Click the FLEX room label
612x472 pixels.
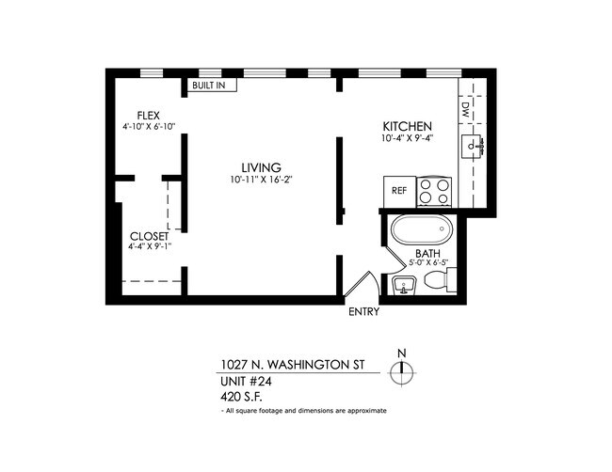(x=149, y=115)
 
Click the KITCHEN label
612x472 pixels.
(x=407, y=127)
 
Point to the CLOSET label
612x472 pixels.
(x=149, y=236)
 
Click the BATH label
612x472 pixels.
(x=428, y=254)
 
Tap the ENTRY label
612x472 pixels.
(x=363, y=312)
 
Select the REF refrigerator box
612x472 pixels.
(x=399, y=191)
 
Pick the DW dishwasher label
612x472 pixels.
(x=466, y=109)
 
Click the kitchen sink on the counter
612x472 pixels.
(x=473, y=148)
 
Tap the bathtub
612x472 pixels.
(x=421, y=230)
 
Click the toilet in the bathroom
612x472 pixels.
(x=446, y=281)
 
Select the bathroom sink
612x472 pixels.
(x=404, y=285)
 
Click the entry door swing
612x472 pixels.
(x=362, y=284)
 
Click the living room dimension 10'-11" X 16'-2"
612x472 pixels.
(x=262, y=181)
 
